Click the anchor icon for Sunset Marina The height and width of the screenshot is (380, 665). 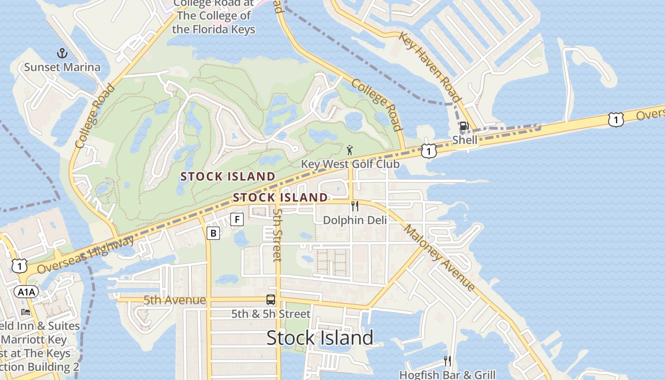pos(62,53)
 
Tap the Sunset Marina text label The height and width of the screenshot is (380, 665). pos(62,67)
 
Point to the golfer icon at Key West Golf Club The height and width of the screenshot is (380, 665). pos(350,150)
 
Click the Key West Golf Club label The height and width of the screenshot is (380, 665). pos(350,164)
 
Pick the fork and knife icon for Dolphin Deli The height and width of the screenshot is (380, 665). pos(354,206)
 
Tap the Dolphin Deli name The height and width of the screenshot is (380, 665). pos(355,220)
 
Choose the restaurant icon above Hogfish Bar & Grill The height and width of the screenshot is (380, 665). pos(447,361)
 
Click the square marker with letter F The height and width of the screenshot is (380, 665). pos(237,219)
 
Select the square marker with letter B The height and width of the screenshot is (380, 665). pos(213,233)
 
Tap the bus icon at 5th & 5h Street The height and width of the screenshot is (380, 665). pos(270,300)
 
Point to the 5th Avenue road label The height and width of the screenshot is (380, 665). pos(175,300)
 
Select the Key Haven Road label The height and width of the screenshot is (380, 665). pos(430,67)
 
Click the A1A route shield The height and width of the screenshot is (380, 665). pos(26,292)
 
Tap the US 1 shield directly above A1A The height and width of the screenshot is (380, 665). pos(19,266)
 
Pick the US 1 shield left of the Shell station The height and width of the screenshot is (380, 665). pos(428,151)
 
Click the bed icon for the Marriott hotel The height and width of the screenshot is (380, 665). pos(26,312)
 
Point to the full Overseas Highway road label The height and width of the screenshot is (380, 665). pos(85,256)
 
